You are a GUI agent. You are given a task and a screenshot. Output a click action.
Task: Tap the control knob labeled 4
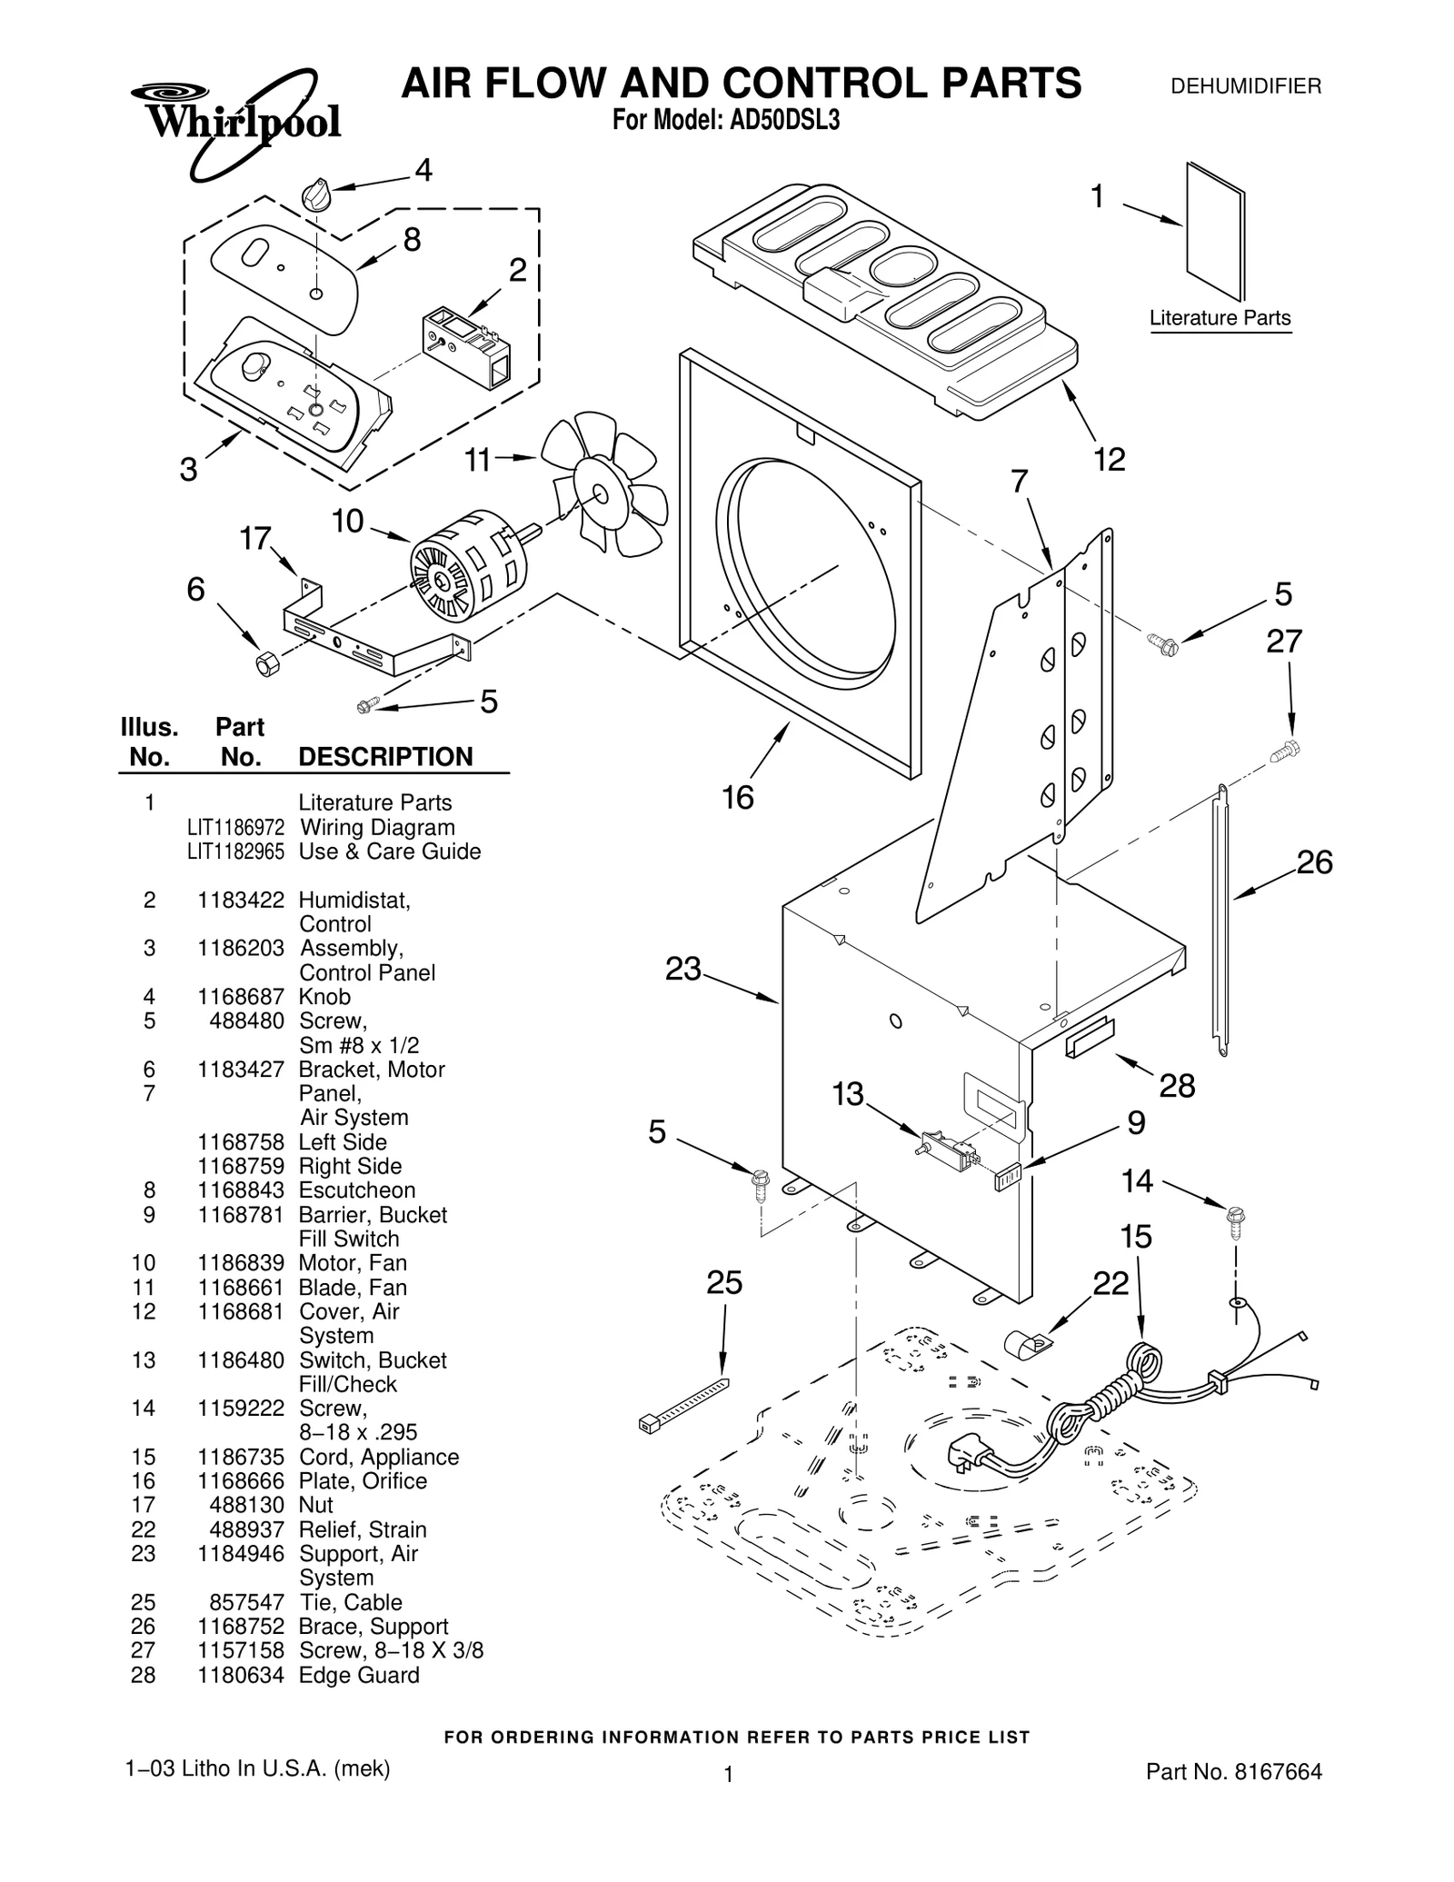click(x=316, y=195)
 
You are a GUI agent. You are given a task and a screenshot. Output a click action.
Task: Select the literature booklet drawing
click(x=1215, y=231)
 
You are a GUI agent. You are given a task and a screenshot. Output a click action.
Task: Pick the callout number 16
click(x=738, y=797)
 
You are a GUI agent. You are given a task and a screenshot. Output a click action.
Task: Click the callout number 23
click(x=683, y=970)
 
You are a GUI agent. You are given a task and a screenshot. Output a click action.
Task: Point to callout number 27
click(x=1284, y=642)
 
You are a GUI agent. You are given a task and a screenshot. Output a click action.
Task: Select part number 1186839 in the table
click(x=241, y=1263)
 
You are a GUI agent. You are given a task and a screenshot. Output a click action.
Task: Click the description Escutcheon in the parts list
click(x=356, y=1190)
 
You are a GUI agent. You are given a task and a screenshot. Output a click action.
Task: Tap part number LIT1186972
click(x=235, y=828)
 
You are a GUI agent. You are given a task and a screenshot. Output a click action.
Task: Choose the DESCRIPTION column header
click(x=385, y=757)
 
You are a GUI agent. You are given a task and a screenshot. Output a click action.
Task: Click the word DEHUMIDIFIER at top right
click(x=1245, y=87)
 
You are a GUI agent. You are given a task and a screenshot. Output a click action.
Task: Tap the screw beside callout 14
click(x=1236, y=1218)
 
